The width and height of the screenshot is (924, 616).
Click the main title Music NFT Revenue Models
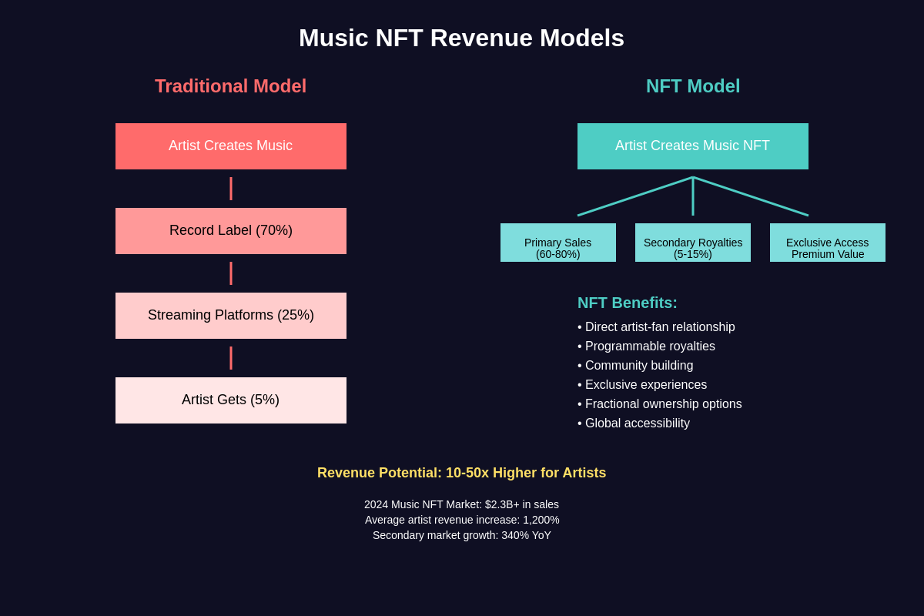coord(461,38)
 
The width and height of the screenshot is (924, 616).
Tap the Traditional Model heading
coord(230,86)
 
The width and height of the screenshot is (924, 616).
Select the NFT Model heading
coord(693,86)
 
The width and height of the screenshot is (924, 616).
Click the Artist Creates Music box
coord(231,146)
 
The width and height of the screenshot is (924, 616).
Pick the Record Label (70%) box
coord(231,231)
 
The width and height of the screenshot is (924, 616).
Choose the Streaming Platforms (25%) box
coord(231,316)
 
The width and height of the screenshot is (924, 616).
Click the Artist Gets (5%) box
coord(231,400)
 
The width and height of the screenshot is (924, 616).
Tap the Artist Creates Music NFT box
coord(693,146)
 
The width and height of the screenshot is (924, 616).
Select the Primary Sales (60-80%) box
coord(558,243)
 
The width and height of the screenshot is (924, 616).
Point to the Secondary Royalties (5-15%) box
coord(693,243)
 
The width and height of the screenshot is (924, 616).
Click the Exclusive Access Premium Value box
coord(828,243)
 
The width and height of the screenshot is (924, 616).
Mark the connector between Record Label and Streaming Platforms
coord(231,273)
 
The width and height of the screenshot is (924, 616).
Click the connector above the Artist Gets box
coord(231,358)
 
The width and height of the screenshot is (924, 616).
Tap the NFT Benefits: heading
coord(628,303)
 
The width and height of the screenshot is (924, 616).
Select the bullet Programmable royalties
coord(650,346)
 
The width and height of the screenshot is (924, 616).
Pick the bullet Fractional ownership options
coord(663,404)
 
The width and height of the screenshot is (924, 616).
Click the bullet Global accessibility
coord(637,423)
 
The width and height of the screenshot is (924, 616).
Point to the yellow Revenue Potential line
coord(461,473)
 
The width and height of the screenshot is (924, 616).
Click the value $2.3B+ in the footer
coord(502,504)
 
